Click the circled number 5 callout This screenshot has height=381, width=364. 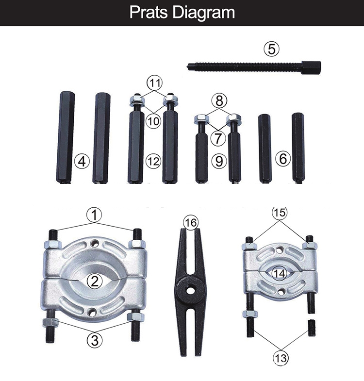coord(272,49)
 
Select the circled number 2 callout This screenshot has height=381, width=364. coord(94,281)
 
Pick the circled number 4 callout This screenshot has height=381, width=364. coord(83,161)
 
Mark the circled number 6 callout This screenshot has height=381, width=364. coord(283,159)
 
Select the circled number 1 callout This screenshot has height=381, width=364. coord(94,214)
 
